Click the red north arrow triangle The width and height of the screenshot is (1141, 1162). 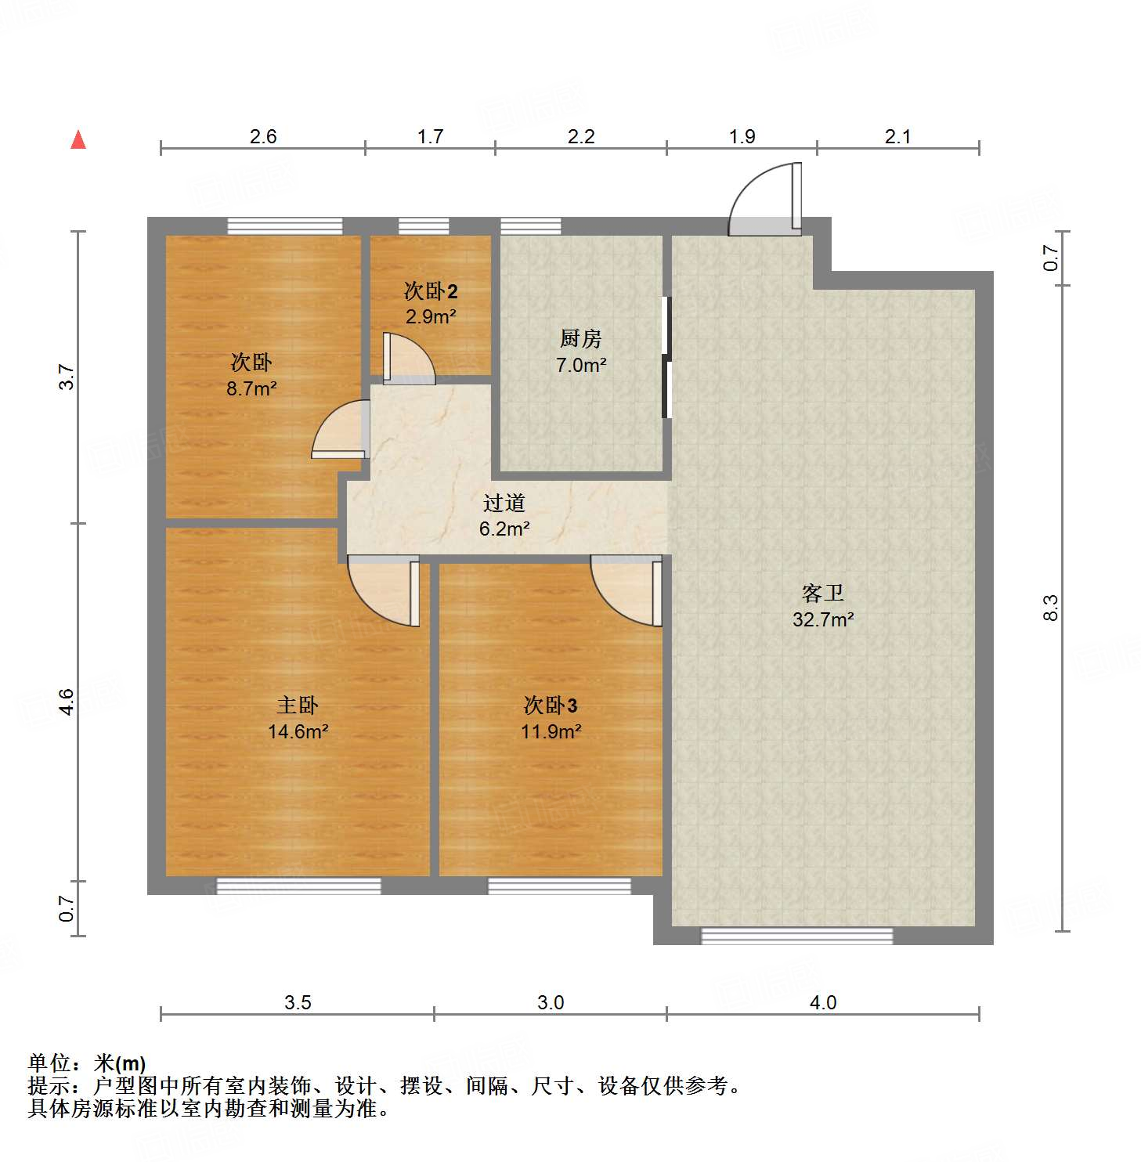(78, 140)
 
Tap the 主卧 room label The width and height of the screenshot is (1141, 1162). (298, 705)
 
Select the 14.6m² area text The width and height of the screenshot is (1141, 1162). (298, 732)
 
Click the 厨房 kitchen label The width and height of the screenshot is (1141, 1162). (581, 339)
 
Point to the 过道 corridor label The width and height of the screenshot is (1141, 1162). (504, 503)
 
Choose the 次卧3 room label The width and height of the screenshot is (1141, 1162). (551, 705)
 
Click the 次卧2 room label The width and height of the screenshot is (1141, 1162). (431, 291)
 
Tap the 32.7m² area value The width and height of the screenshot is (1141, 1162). (823, 620)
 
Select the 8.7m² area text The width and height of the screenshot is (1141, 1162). (251, 388)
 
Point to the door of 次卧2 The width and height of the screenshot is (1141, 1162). (407, 359)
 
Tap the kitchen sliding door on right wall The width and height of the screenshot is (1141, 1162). (666, 357)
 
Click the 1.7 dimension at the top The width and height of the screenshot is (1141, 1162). (430, 137)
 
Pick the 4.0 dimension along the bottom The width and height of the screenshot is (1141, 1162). (823, 1003)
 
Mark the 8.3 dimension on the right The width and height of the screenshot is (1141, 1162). (1050, 608)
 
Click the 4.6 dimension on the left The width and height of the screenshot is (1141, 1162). (67, 702)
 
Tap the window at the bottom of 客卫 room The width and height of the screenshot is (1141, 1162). (796, 936)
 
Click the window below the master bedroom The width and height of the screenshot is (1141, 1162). (298, 886)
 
